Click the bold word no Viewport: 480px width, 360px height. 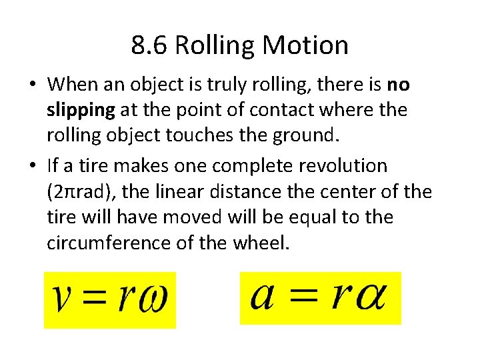tap(398, 85)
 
